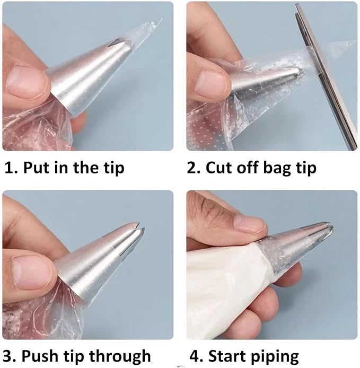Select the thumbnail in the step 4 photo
(x=251, y=224)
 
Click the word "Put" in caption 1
(x=39, y=168)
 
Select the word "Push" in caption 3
(x=40, y=356)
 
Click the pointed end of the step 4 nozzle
(x=331, y=226)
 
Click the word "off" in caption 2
(x=248, y=168)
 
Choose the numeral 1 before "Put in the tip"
(x=9, y=168)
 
